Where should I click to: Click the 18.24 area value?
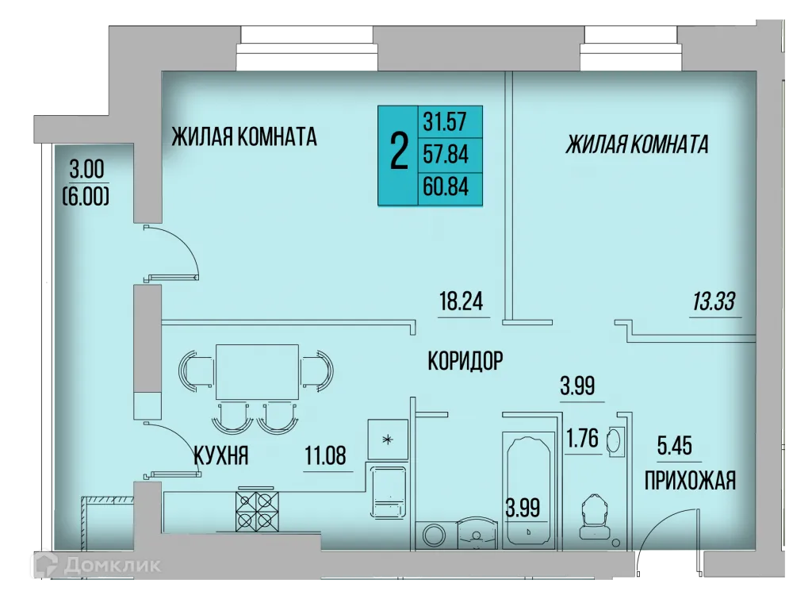[x=461, y=302]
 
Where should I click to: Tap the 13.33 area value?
[x=713, y=302]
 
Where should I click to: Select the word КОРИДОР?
[x=465, y=362]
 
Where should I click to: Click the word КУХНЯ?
[x=222, y=456]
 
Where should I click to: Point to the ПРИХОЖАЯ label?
[x=690, y=480]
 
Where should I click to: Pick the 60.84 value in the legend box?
[x=445, y=188]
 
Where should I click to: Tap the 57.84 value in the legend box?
[x=445, y=155]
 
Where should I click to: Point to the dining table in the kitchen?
[x=257, y=371]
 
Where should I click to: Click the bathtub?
[x=527, y=486]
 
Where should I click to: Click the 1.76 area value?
[x=581, y=439]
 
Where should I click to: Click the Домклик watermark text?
[x=110, y=565]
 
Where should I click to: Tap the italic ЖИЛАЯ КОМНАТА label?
[x=637, y=144]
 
